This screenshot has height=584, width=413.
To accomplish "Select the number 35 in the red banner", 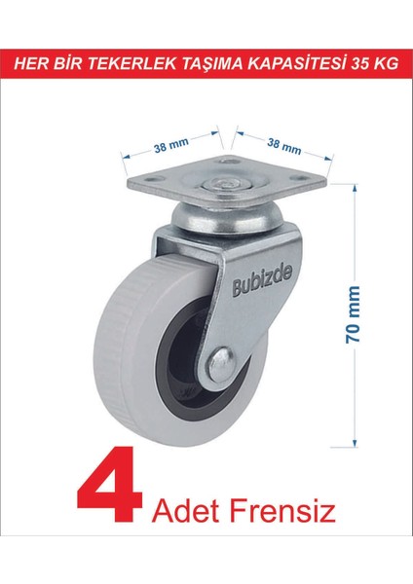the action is tap(359, 63).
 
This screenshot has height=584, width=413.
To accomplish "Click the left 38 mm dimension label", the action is tap(171, 145).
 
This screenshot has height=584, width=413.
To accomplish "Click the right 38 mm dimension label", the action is tap(284, 146).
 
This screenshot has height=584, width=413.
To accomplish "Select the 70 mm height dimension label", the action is tap(353, 314).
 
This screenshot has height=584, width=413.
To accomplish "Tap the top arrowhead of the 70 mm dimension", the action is tap(355, 188).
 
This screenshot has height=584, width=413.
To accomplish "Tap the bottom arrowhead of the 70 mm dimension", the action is tap(355, 442).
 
